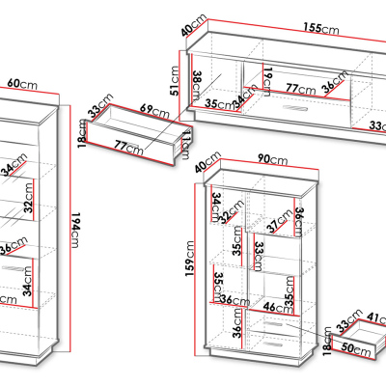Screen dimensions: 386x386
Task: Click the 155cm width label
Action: (x=321, y=28)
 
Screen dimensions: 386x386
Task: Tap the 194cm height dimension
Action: (x=74, y=230)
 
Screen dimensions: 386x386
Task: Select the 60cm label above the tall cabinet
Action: (x=22, y=84)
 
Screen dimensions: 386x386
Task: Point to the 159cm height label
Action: (x=190, y=259)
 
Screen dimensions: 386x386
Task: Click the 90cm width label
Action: (x=272, y=159)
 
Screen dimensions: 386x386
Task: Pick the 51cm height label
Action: (x=175, y=81)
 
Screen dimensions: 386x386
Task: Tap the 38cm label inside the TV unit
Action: (x=197, y=85)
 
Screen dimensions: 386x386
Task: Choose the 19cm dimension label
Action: (x=267, y=82)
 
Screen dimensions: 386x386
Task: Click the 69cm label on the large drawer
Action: (x=154, y=111)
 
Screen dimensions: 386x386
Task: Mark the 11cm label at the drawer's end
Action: (x=186, y=146)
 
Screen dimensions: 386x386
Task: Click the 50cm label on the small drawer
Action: (x=356, y=348)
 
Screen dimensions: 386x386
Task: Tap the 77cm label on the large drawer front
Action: (x=128, y=147)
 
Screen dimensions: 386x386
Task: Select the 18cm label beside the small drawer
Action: (x=327, y=341)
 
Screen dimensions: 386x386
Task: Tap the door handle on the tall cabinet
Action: (x=12, y=267)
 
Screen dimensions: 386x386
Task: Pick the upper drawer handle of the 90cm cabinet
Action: (x=272, y=324)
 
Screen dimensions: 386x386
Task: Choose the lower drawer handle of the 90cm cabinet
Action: (x=272, y=345)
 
